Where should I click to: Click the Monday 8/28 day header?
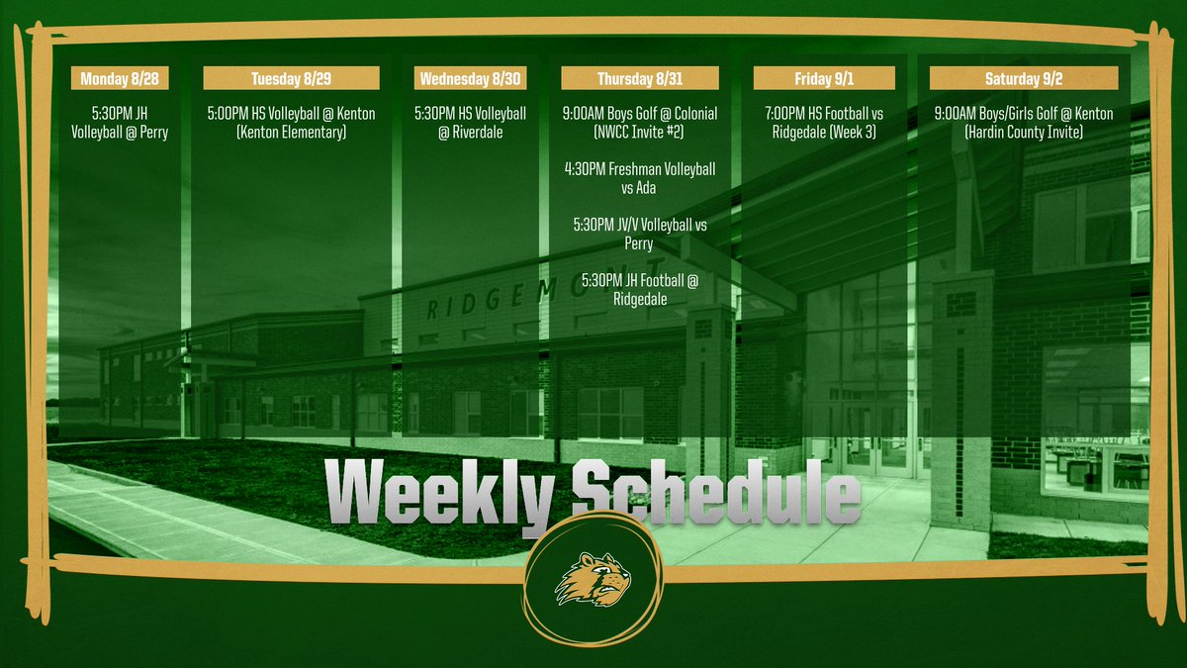click(x=119, y=78)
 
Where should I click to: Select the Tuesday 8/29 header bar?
click(x=292, y=78)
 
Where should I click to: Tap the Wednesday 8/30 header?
click(x=470, y=78)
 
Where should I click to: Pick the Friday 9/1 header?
click(x=824, y=78)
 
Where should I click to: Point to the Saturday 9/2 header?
click(x=1024, y=78)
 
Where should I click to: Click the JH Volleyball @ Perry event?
click(x=119, y=123)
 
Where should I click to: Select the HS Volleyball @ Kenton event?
click(x=292, y=123)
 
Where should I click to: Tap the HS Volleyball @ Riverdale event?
click(x=470, y=123)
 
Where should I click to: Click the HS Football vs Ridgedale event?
click(x=824, y=123)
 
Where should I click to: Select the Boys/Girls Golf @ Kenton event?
click(x=1024, y=114)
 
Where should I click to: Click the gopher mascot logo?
click(x=593, y=579)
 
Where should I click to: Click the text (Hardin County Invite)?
click(x=1024, y=133)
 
